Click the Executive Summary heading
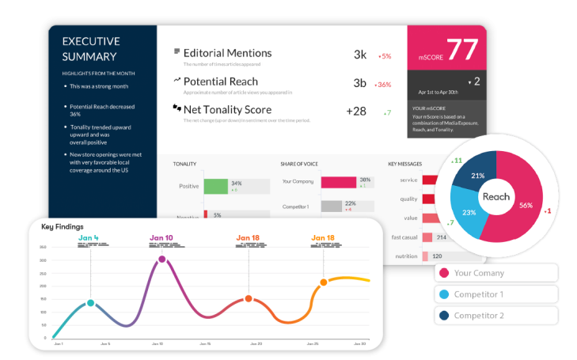(x=90, y=48)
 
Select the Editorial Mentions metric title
(x=227, y=53)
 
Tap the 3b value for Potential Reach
(x=360, y=82)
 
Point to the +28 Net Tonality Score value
(x=356, y=111)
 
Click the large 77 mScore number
(x=462, y=49)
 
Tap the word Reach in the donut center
(x=496, y=196)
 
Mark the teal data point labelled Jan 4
(x=90, y=303)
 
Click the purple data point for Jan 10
(x=162, y=259)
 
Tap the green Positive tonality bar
(x=216, y=186)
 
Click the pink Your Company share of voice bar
(x=338, y=182)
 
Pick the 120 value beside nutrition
(x=437, y=256)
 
